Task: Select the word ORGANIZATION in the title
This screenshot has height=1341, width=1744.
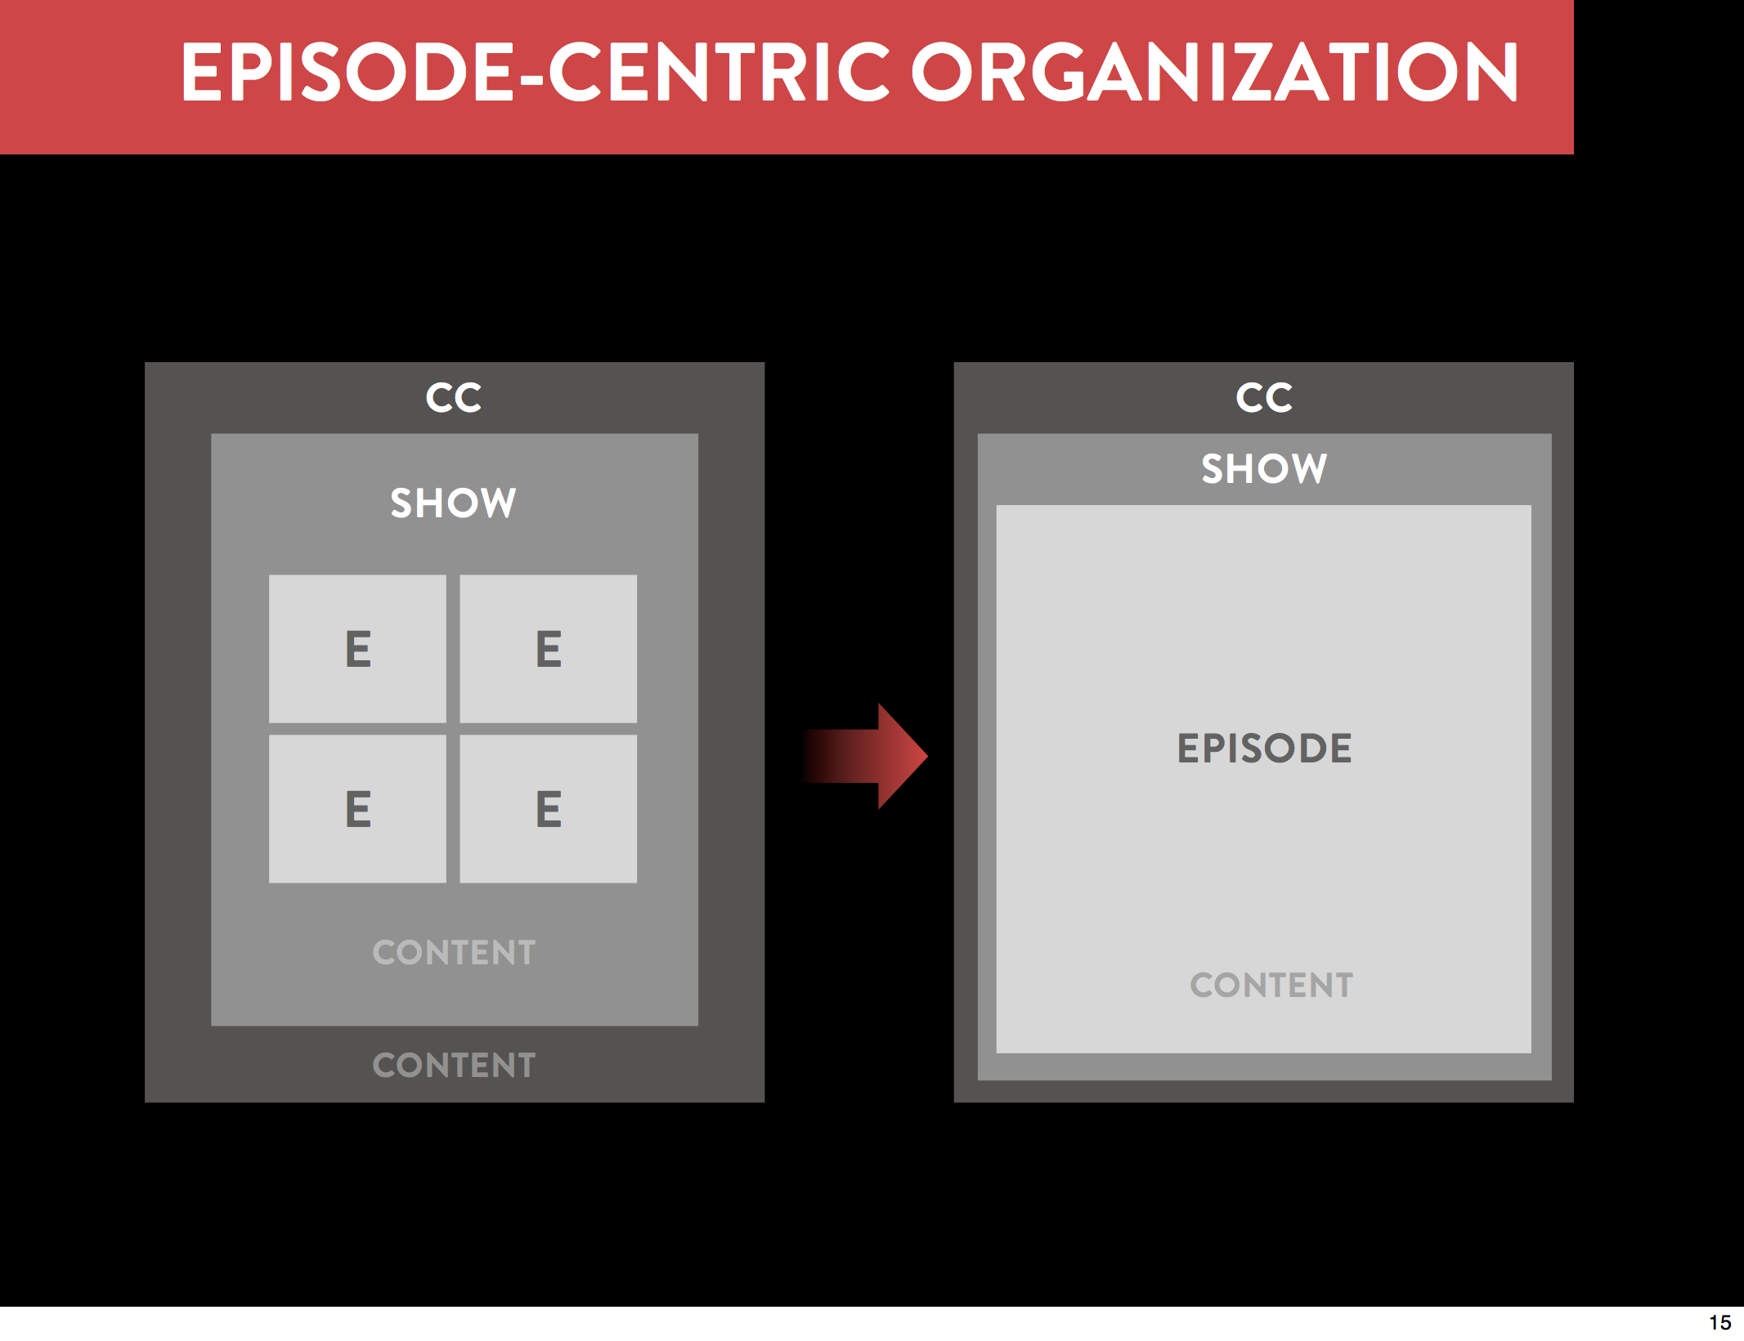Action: (x=1215, y=73)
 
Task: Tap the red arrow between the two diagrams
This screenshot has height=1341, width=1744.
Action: (x=867, y=756)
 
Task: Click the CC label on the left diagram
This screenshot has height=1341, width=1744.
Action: (x=454, y=398)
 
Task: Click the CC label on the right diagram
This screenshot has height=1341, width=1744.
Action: (x=1264, y=398)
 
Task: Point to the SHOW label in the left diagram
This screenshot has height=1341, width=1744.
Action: (x=454, y=503)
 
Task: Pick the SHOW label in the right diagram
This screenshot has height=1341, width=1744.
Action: (x=1264, y=468)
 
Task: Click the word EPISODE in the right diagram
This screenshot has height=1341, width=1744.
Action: (x=1264, y=749)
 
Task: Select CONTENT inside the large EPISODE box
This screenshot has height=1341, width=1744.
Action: (x=1271, y=986)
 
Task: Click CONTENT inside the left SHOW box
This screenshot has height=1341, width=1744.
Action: (x=454, y=953)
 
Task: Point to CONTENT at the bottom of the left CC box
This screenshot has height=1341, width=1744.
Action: (x=454, y=1066)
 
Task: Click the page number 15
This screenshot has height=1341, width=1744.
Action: (x=1719, y=1322)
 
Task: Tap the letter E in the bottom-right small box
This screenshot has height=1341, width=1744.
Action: (x=549, y=809)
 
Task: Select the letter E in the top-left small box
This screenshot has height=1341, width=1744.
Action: (x=358, y=650)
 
